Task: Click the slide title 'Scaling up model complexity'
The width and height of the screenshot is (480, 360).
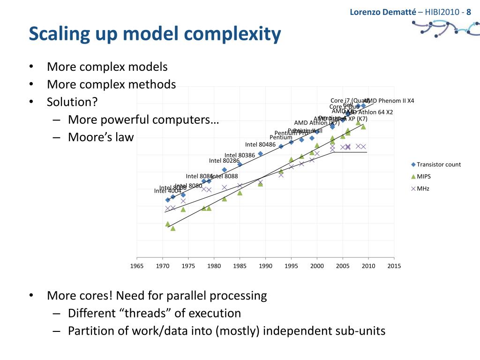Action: (x=155, y=34)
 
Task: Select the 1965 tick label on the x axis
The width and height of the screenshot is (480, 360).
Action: (x=137, y=266)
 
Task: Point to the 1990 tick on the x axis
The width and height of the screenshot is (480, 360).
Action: (x=265, y=266)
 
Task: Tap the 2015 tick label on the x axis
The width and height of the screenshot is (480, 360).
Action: (x=394, y=266)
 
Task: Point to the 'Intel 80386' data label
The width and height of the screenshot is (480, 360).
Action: (x=240, y=155)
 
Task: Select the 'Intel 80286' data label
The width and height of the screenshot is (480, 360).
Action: (x=224, y=161)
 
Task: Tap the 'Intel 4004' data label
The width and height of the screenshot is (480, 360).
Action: (x=167, y=191)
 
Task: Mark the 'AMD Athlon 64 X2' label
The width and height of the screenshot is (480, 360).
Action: (x=369, y=112)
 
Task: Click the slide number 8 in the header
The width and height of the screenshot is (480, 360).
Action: (x=468, y=12)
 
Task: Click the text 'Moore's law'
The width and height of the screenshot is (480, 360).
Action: (x=101, y=137)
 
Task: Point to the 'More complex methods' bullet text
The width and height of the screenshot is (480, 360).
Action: (x=111, y=84)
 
